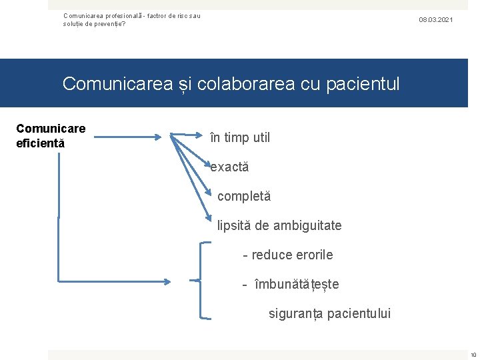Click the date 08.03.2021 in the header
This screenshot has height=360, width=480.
[x=435, y=20]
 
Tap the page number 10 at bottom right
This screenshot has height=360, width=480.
[x=473, y=354]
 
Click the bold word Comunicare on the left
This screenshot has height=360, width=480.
[x=51, y=128]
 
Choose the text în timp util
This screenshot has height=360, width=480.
[x=240, y=138]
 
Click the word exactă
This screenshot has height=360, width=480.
[x=229, y=167]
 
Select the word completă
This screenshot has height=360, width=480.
[x=244, y=197]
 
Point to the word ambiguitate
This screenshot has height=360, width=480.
[x=307, y=226]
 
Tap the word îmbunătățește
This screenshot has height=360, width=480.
[x=297, y=285]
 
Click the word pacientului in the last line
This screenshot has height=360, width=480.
[x=359, y=314]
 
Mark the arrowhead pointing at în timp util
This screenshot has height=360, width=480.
[x=159, y=138]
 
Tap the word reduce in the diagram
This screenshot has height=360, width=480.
[x=271, y=255]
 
